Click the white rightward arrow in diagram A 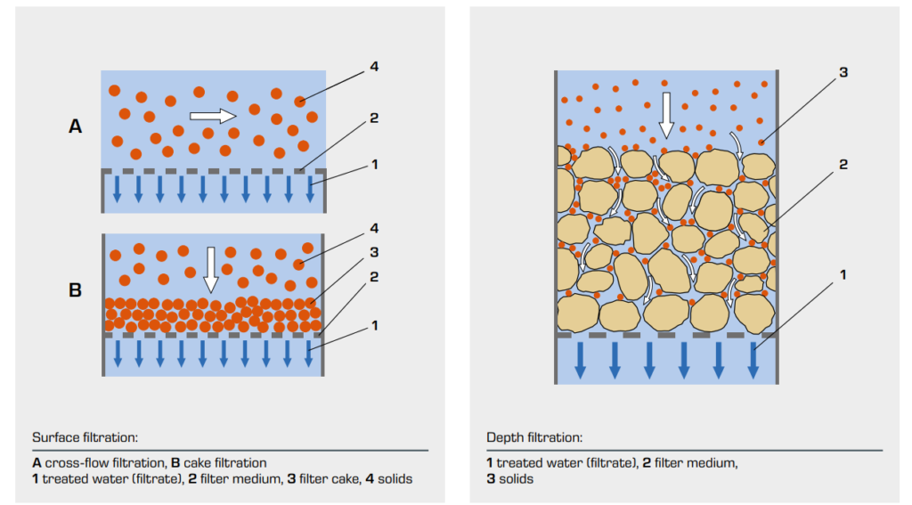click(213, 116)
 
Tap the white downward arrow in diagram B click(210, 270)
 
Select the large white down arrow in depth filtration click(666, 115)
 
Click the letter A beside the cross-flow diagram click(75, 126)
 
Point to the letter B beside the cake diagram click(75, 289)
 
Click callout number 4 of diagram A click(374, 66)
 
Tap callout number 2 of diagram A click(374, 118)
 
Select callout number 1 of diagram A click(375, 165)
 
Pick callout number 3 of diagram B click(374, 252)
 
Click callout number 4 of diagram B click(374, 228)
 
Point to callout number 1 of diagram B click(375, 326)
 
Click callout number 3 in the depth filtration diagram click(843, 72)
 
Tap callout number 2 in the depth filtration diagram click(843, 165)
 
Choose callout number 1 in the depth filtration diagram click(843, 274)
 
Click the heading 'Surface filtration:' click(85, 437)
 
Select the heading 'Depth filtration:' click(534, 437)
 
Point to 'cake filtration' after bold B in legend click(225, 463)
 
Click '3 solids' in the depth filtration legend click(510, 479)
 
